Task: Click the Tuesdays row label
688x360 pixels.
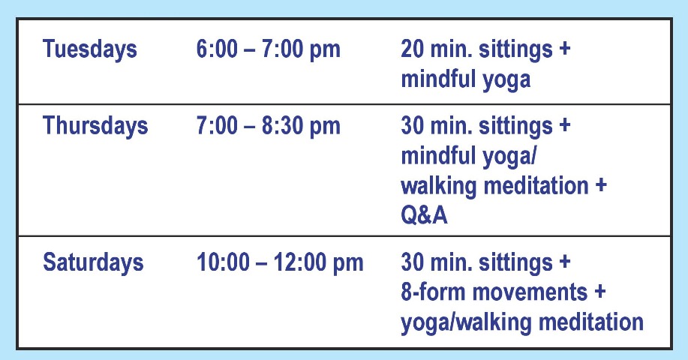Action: pos(90,49)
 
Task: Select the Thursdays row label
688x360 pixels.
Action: pos(95,126)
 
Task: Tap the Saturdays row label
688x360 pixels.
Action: pos(93,262)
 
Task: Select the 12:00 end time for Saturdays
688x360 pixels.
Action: pos(299,262)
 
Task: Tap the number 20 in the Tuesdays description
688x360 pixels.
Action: pos(412,49)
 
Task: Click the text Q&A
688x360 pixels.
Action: pos(424,215)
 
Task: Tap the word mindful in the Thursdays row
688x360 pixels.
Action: pos(437,155)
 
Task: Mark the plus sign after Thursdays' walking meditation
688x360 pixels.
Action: pos(601,185)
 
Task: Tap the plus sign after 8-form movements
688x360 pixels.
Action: pos(600,292)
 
